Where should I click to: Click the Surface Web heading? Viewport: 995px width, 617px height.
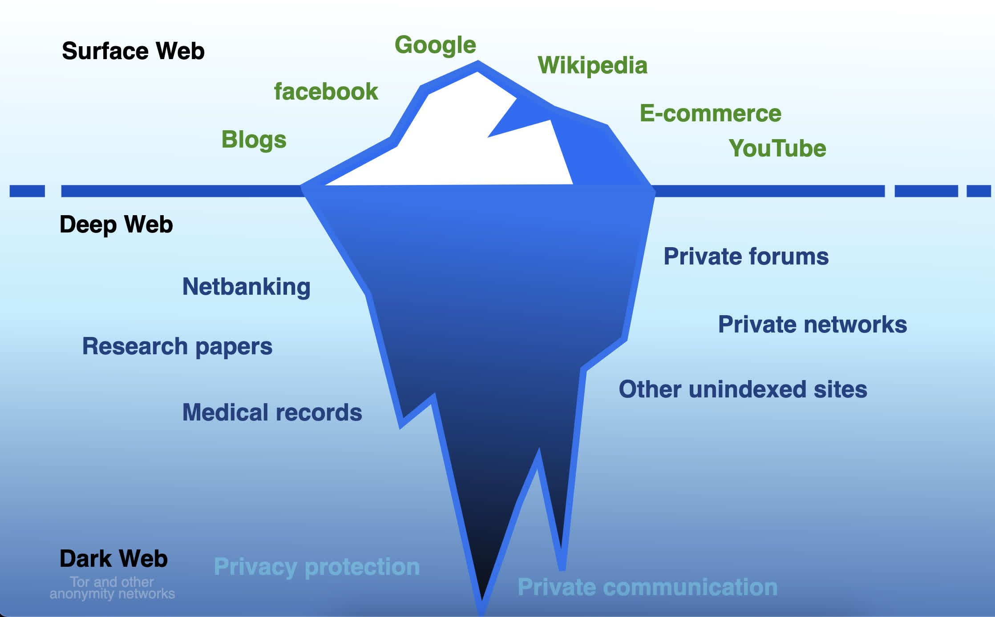pos(133,51)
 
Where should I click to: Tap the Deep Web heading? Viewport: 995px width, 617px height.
pos(116,224)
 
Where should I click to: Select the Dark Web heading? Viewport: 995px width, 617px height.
pos(113,558)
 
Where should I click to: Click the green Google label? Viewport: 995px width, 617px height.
pos(435,45)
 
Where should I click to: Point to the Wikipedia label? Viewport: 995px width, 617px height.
pos(592,66)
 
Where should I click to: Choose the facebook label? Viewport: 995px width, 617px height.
pos(326,92)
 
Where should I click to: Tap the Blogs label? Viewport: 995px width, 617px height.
pos(254,140)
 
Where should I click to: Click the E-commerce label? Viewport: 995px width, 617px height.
pos(711,113)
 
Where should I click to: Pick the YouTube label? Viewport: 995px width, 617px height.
pos(777,148)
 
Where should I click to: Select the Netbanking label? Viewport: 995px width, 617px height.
pos(246,287)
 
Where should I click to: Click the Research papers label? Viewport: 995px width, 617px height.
pos(177,347)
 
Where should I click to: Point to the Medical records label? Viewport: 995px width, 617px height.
pos(272,412)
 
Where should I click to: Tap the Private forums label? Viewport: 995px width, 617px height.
pos(746,256)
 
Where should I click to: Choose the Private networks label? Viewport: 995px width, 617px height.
pos(813,325)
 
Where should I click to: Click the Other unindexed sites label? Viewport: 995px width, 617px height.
pos(743,389)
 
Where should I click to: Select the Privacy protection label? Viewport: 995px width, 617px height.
pos(317,567)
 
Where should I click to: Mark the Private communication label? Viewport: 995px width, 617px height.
pos(647,587)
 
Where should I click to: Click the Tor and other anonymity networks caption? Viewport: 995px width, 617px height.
pos(112,588)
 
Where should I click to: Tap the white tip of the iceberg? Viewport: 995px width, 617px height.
pos(449,133)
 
